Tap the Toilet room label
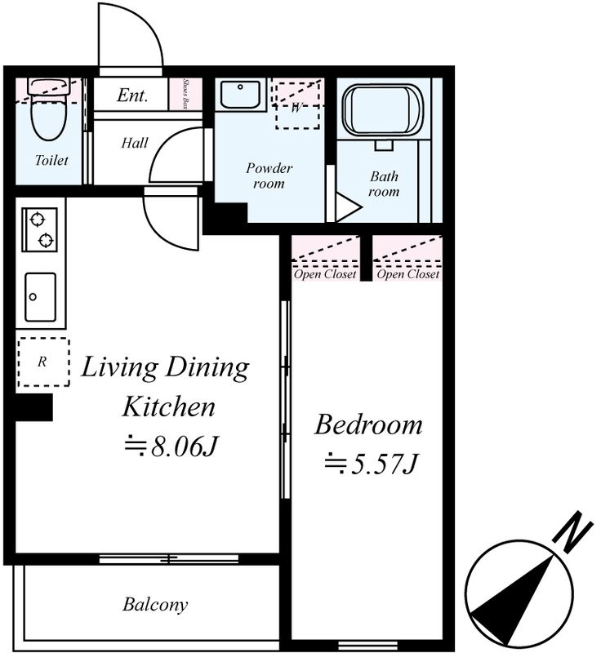pos(51,160)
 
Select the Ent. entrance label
pos(132,96)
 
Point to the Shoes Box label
pos(185,94)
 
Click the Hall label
pos(135,144)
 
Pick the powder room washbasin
pos(240,95)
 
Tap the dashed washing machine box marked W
pos(297,105)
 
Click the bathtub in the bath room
pos(382,110)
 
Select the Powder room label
pos(269,175)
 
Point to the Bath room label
pos(384,184)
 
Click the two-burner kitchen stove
pos(39,230)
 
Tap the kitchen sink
pos(40,297)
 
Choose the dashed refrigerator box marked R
pos(43,362)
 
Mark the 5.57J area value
pos(370,464)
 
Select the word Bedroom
pos(368,425)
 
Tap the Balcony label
pos(155,605)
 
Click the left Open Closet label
pos(325,274)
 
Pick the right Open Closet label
pos(408,274)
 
